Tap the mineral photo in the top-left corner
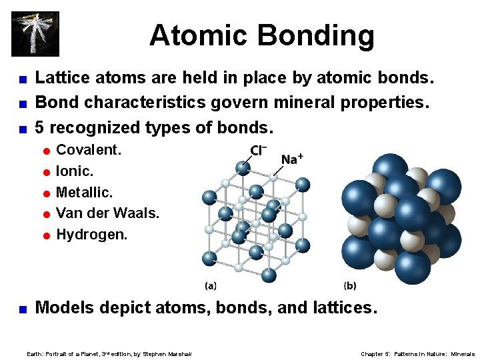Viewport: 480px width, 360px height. coord(35,33)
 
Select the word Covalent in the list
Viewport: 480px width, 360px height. coord(88,150)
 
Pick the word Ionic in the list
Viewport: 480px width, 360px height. coord(75,171)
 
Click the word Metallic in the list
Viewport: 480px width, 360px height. coord(84,193)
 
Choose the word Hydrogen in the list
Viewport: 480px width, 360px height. coord(91,235)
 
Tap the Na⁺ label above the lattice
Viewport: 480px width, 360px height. coord(292,159)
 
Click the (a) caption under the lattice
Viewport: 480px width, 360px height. coord(211,285)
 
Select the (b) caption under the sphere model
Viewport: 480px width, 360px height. coord(350,285)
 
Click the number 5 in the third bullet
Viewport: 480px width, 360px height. coord(40,127)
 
